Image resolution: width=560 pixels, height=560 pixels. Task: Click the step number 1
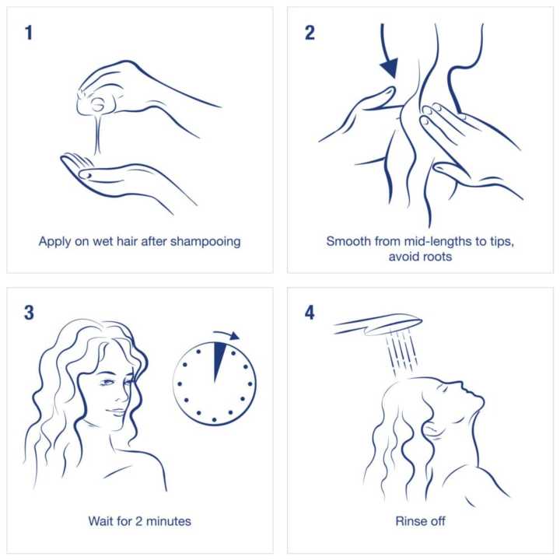29,33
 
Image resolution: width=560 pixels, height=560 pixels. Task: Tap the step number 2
310,33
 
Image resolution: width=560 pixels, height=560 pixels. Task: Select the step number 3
29,313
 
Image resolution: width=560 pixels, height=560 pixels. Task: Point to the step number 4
310,313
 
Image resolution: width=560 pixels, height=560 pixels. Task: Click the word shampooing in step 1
205,242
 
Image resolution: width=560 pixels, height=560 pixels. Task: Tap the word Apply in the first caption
54,242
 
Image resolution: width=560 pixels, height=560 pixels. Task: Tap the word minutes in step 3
169,521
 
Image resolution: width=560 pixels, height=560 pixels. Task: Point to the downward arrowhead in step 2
390,68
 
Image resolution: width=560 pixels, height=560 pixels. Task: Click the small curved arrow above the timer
226,335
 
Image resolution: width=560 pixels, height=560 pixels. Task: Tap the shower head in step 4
378,324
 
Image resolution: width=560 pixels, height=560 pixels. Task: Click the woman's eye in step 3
107,383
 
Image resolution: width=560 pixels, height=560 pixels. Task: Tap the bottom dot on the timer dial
215,420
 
